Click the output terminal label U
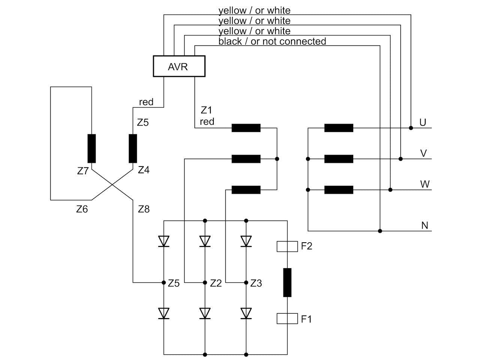click(x=423, y=122)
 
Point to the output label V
click(x=423, y=153)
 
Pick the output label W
click(x=424, y=184)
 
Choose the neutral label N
click(x=424, y=225)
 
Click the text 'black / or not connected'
click(x=272, y=41)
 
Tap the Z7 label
click(x=82, y=171)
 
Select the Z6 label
click(x=82, y=209)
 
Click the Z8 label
click(x=144, y=209)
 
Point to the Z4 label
click(x=144, y=170)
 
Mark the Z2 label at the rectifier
click(x=216, y=283)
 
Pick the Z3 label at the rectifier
click(x=256, y=283)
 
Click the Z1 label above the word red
click(x=206, y=110)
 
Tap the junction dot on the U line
click(x=411, y=128)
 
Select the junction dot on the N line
click(x=380, y=231)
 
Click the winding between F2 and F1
click(x=287, y=282)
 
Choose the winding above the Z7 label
click(x=91, y=148)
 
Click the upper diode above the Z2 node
click(x=205, y=241)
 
